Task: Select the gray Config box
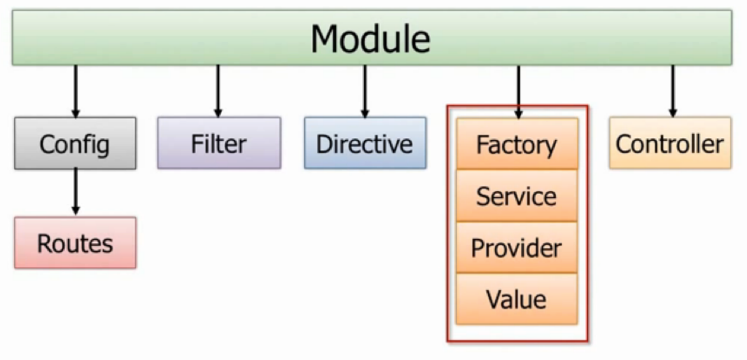click(75, 144)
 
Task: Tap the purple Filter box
click(219, 144)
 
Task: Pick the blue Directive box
click(365, 144)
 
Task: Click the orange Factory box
click(517, 144)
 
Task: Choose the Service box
click(517, 196)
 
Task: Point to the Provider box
click(517, 247)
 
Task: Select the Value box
click(517, 299)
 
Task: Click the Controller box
click(670, 144)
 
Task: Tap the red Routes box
click(75, 243)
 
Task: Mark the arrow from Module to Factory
click(518, 92)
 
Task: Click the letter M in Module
click(327, 39)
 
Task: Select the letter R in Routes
click(45, 244)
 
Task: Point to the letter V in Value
click(494, 299)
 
